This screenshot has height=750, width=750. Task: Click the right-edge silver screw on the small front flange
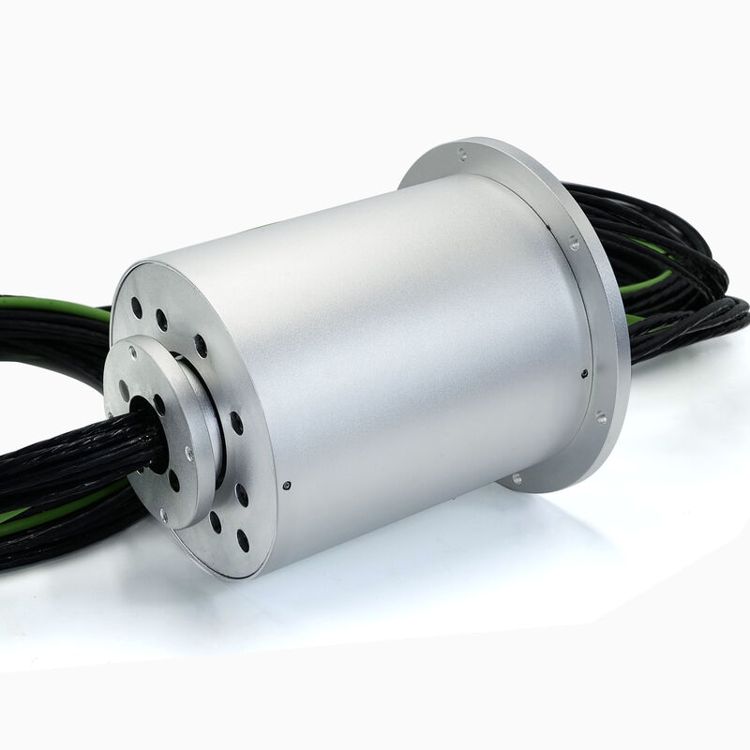(189, 455)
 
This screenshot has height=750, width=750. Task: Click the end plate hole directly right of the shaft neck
(236, 423)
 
